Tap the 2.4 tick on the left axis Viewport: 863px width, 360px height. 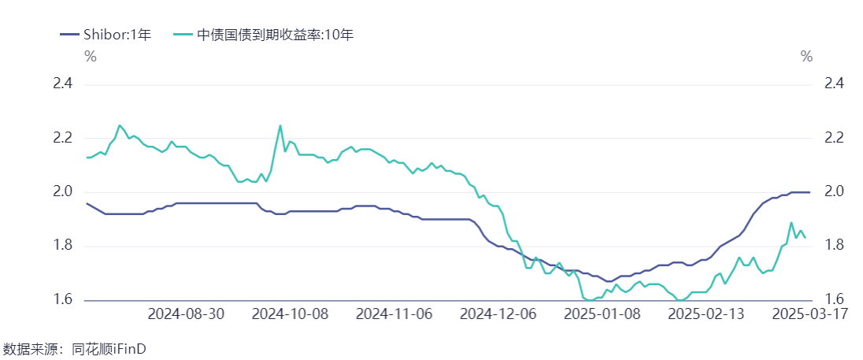point(62,84)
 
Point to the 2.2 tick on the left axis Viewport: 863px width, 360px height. point(62,138)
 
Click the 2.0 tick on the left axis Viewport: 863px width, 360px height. point(62,192)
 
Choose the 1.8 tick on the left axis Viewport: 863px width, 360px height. point(62,247)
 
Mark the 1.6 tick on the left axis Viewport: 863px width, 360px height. point(62,300)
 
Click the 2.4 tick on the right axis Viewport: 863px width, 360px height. point(834,84)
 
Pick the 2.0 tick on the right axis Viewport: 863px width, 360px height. point(834,192)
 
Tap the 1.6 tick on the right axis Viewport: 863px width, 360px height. point(834,300)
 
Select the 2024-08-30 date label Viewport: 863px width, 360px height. point(187,314)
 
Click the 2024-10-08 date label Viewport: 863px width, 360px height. point(291,314)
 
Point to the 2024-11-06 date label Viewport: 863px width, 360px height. point(394,314)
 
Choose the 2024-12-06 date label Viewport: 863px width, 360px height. point(498,314)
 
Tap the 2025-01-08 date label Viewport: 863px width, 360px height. point(602,314)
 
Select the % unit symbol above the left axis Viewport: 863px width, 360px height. point(91,56)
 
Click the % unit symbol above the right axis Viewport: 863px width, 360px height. point(806,56)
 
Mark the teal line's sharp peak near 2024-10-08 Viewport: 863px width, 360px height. point(280,125)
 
